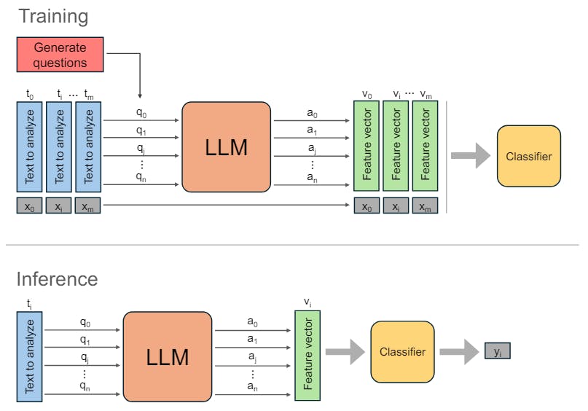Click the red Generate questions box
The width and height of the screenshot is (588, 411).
pos(60,55)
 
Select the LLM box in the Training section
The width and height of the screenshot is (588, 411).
pos(226,147)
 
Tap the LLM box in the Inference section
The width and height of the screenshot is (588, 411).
pos(168,357)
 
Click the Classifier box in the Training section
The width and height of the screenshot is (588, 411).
pos(528,156)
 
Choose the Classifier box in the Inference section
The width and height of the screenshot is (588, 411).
pos(402,352)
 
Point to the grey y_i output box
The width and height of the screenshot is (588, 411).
pos(498,352)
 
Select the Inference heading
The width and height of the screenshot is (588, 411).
pos(57,279)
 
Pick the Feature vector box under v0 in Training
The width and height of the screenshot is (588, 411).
pos(366,146)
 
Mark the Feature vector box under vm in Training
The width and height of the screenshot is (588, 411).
pos(426,146)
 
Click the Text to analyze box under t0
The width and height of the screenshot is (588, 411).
pos(29,146)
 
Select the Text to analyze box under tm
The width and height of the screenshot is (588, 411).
pos(89,146)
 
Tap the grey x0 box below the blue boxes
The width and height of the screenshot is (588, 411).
pos(29,206)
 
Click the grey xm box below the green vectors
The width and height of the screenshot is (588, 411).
pos(426,206)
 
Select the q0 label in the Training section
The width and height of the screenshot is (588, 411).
pos(141,113)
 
